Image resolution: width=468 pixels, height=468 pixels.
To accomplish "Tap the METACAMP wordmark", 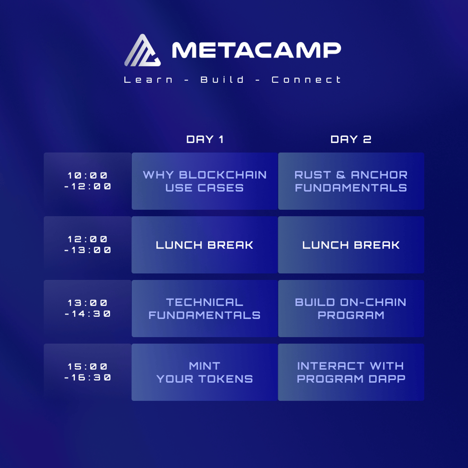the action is pyautogui.click(x=257, y=50).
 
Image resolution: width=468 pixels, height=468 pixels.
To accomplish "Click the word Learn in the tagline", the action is pyautogui.click(x=148, y=80).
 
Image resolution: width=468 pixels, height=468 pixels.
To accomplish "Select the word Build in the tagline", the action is pyautogui.click(x=222, y=80).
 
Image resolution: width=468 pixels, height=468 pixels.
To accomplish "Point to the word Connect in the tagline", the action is pyautogui.click(x=306, y=80).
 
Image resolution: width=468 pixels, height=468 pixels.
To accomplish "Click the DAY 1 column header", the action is pyautogui.click(x=205, y=139).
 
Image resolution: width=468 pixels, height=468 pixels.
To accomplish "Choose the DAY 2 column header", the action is pyautogui.click(x=351, y=139).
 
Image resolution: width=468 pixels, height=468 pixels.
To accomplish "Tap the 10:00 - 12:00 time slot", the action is pyautogui.click(x=87, y=181).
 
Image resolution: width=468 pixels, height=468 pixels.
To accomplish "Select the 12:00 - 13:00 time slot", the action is pyautogui.click(x=87, y=245).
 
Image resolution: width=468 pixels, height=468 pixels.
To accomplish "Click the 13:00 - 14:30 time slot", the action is pyautogui.click(x=87, y=309).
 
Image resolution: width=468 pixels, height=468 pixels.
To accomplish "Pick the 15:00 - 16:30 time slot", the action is pyautogui.click(x=87, y=372).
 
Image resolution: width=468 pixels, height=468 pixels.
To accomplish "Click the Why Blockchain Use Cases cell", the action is pyautogui.click(x=205, y=181).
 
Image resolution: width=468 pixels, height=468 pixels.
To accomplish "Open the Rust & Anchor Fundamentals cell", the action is pyautogui.click(x=351, y=181).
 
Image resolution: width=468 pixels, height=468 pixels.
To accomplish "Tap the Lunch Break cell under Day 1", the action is pyautogui.click(x=205, y=245).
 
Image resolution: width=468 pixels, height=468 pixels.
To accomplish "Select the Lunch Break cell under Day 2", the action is pyautogui.click(x=351, y=245).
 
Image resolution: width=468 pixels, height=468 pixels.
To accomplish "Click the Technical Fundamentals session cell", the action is pyautogui.click(x=205, y=309).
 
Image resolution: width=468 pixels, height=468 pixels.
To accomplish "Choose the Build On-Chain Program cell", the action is pyautogui.click(x=351, y=309).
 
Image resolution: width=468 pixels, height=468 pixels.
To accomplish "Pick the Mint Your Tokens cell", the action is pyautogui.click(x=205, y=372).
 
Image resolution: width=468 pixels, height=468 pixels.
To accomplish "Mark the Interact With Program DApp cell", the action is pyautogui.click(x=351, y=372).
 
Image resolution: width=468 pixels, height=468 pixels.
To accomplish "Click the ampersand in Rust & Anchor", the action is pyautogui.click(x=341, y=175).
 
